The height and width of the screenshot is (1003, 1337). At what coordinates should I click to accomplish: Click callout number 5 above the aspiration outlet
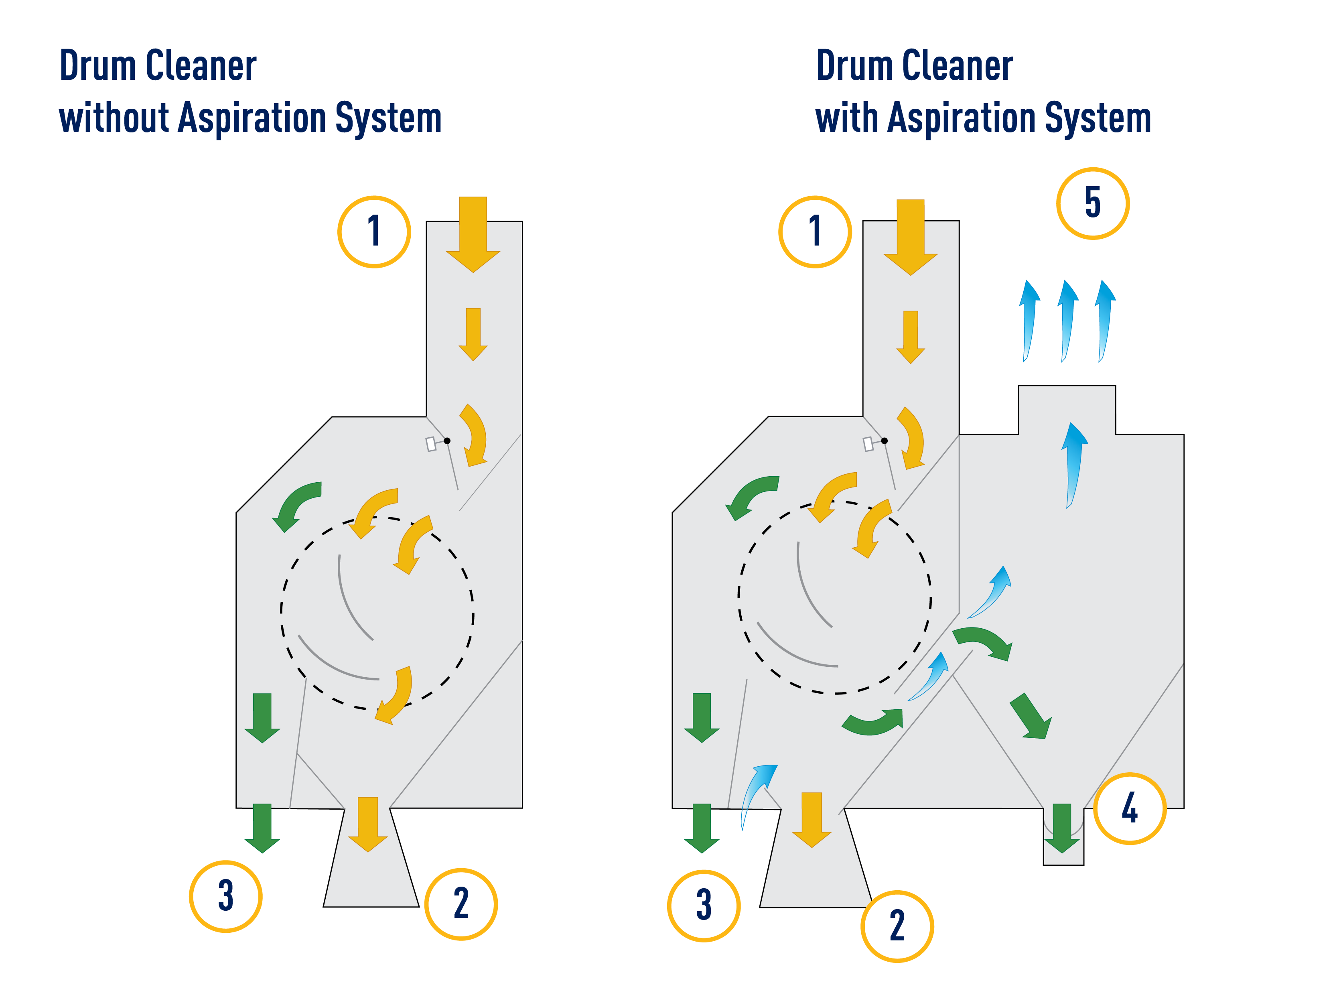(1092, 203)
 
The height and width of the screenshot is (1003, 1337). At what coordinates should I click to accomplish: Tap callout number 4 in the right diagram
(1129, 808)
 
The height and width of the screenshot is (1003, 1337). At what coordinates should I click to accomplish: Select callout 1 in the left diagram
(374, 231)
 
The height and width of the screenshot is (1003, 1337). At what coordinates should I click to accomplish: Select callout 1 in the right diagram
(815, 231)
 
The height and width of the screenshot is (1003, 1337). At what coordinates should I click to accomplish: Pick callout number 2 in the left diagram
(461, 904)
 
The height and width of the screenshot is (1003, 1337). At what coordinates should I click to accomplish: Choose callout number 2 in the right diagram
(897, 926)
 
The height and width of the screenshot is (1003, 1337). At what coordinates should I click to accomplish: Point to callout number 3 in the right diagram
(704, 906)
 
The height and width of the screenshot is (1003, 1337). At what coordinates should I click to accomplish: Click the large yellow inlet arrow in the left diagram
(473, 235)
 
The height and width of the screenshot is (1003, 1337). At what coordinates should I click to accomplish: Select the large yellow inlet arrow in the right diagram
(910, 238)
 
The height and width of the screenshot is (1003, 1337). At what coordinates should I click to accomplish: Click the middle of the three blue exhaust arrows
(1067, 321)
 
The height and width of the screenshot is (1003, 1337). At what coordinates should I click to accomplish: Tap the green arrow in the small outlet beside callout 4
(1062, 828)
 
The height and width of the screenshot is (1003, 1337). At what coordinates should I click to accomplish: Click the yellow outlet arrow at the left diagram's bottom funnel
(368, 824)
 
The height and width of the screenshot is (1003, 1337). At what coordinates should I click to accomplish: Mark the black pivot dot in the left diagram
(447, 441)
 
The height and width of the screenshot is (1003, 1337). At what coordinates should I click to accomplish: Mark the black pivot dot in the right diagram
(884, 441)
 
